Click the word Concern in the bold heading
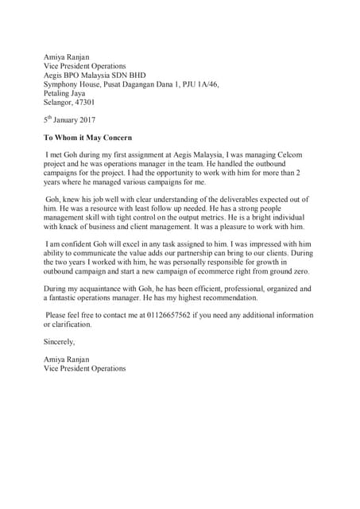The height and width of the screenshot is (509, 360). [115, 138]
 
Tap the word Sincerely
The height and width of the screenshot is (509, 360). [60, 341]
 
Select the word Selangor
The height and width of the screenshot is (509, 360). [60, 103]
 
